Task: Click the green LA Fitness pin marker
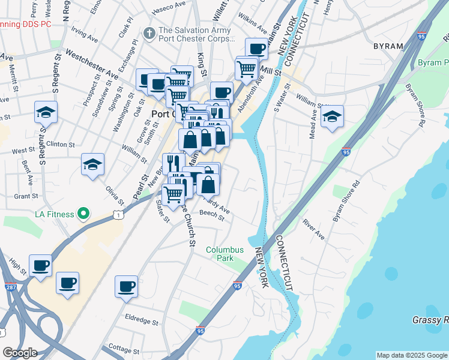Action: pos(85,214)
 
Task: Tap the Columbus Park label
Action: pos(225,254)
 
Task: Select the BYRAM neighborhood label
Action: pos(388,46)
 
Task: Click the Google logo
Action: pos(20,353)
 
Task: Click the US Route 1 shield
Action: pos(118,214)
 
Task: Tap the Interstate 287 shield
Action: pos(10,271)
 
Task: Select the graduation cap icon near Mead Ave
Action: pos(331,116)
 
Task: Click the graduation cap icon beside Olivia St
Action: pos(92,164)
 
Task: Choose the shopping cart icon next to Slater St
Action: pos(173,193)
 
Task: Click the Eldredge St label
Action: pos(140,315)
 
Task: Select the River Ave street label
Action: pos(313,229)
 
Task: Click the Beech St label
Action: pos(211,216)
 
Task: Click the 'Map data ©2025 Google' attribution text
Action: pos(412,355)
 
